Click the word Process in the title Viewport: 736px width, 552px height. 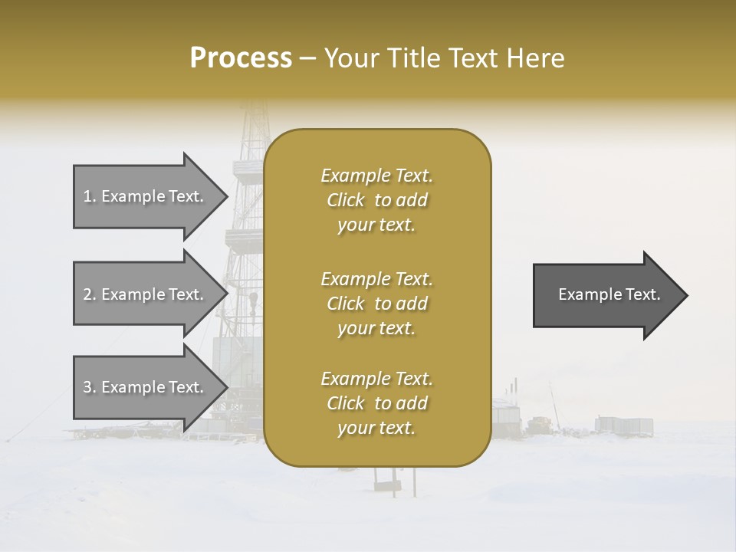pyautogui.click(x=241, y=58)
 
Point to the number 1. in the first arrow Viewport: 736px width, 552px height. pyautogui.click(x=90, y=196)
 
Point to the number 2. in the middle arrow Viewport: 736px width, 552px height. pyautogui.click(x=90, y=294)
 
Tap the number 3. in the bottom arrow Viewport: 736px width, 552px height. pyautogui.click(x=90, y=387)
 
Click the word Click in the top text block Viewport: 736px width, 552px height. pyautogui.click(x=346, y=200)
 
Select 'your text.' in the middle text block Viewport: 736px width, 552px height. pyautogui.click(x=376, y=328)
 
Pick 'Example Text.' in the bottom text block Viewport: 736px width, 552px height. pyautogui.click(x=376, y=379)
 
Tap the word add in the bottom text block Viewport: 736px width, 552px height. pyautogui.click(x=412, y=403)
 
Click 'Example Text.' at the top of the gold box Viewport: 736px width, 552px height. pyautogui.click(x=376, y=176)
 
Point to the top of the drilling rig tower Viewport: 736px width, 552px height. pyautogui.click(x=253, y=107)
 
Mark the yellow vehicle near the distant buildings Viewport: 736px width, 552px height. pyautogui.click(x=540, y=422)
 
